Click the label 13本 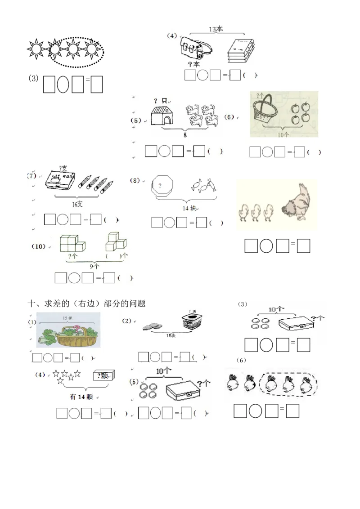(216, 29)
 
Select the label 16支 (77, 204)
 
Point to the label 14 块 (190, 208)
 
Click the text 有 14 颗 (81, 397)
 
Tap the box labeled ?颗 (103, 375)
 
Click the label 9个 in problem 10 (94, 266)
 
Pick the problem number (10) (39, 246)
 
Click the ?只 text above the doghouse (160, 100)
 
